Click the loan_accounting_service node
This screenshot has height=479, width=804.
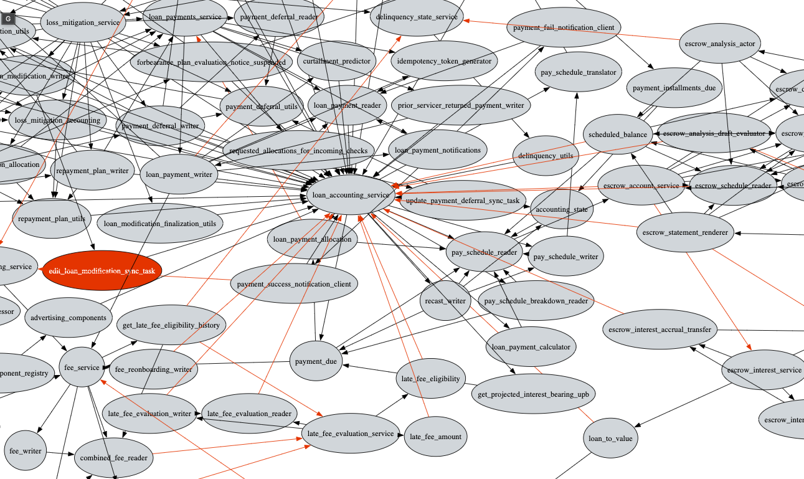tap(351, 195)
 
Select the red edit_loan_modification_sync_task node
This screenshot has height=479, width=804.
tap(102, 271)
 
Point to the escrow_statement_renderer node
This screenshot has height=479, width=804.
tap(684, 233)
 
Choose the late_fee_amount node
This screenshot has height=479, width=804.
tap(435, 437)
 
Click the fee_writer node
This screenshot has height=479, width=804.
tap(26, 450)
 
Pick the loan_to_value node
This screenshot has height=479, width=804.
tap(610, 439)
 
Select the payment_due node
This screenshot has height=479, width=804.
tap(316, 361)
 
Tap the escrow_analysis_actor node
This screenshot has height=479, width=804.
tap(719, 44)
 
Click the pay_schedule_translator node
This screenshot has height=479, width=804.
tap(578, 73)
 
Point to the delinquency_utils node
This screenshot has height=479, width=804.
tap(545, 156)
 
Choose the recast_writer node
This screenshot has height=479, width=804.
tap(445, 301)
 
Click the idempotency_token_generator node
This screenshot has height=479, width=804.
tap(444, 61)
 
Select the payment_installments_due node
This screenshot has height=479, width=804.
tap(674, 88)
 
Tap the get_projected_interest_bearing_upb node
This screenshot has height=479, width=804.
tap(533, 394)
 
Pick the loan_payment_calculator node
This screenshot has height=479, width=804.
tap(531, 347)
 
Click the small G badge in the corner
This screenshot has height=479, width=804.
tap(7, 19)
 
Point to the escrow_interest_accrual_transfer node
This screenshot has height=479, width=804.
tap(660, 330)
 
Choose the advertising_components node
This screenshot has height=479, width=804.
tap(69, 318)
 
